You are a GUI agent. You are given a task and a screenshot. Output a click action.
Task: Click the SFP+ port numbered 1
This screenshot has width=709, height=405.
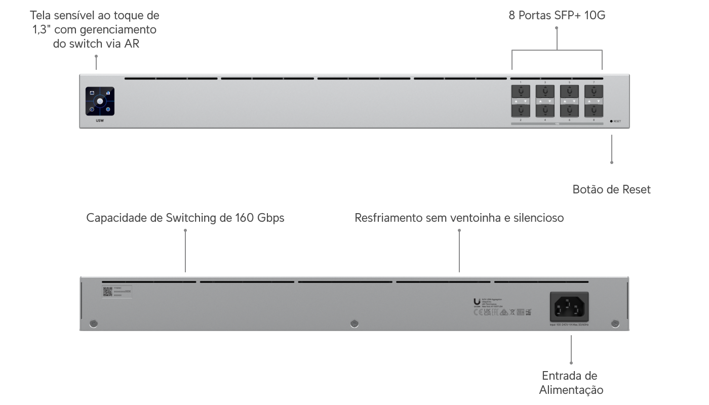point(521,92)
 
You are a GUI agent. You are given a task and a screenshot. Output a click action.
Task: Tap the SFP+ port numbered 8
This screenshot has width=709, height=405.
point(594,110)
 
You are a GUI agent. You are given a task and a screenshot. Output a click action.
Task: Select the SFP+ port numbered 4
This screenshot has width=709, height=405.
point(545,110)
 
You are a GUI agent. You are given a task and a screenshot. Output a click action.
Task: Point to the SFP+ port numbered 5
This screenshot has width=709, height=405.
point(570,92)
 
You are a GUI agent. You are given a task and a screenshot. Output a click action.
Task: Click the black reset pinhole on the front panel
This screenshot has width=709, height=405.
point(611,121)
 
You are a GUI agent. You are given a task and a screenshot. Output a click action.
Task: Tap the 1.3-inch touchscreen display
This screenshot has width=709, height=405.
point(100,101)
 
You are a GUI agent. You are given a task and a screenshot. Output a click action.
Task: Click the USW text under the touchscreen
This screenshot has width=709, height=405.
point(100,121)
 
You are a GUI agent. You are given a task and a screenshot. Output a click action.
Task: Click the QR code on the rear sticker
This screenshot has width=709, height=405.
point(107,291)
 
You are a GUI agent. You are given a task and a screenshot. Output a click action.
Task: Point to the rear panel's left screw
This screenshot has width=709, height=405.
point(93,323)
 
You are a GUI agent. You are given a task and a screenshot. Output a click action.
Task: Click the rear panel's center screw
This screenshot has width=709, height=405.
point(354,323)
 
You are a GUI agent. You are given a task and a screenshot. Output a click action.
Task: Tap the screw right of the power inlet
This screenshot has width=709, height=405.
point(615,323)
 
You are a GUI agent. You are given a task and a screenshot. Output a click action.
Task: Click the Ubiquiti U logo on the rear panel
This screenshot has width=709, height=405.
point(477,300)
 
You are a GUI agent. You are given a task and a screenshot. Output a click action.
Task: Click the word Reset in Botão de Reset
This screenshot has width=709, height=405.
point(638,190)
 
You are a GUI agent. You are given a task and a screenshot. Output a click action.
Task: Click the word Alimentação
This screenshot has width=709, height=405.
point(571,390)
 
